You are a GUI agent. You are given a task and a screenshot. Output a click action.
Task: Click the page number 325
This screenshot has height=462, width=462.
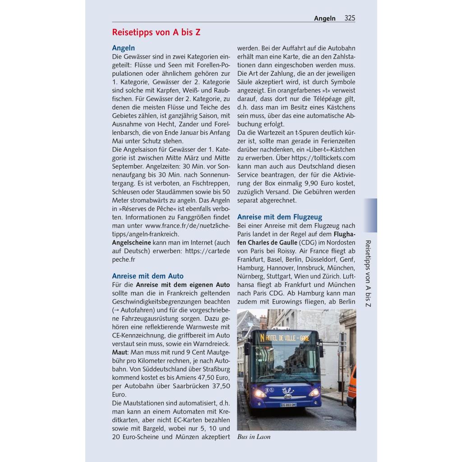(x=350, y=18)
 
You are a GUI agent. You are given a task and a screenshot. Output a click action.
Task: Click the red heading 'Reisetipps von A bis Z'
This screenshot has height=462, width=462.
(x=156, y=32)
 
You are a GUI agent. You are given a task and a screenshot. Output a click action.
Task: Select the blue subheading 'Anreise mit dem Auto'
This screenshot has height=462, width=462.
(x=148, y=276)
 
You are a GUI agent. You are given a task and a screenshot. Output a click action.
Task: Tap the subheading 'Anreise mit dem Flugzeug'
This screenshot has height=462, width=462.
(x=280, y=217)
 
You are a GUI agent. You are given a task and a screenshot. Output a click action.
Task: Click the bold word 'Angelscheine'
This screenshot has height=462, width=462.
(x=131, y=242)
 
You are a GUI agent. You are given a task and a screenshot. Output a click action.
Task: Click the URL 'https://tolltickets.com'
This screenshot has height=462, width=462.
(x=323, y=158)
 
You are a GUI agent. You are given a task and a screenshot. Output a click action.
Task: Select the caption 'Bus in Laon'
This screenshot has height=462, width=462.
(x=254, y=437)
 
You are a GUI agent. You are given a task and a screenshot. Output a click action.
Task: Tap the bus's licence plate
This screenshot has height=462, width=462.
(x=288, y=405)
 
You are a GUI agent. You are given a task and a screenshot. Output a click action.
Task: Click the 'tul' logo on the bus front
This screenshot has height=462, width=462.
(x=287, y=391)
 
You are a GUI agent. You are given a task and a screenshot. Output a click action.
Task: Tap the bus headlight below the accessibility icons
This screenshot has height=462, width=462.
(x=260, y=393)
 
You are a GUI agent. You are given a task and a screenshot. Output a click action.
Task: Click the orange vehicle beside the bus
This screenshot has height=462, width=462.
(x=351, y=388)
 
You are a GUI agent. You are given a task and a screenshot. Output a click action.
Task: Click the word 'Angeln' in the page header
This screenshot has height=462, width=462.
(x=325, y=18)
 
